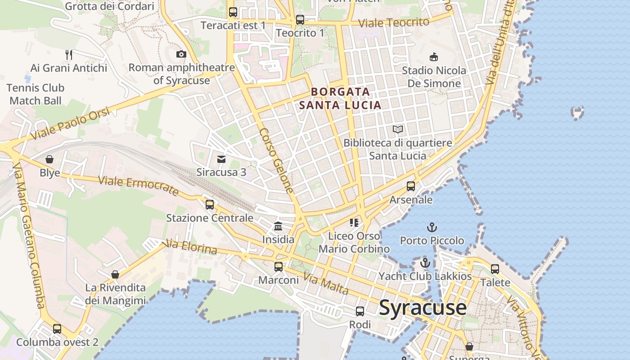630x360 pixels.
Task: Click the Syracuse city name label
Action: point(423,308)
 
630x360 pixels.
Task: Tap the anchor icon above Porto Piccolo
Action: point(432,227)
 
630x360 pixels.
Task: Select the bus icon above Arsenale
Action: point(410,186)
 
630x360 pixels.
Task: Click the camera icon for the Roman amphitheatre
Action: point(181,54)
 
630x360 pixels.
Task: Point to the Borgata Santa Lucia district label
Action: point(340,99)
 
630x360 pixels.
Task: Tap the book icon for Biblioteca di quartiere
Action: point(398,130)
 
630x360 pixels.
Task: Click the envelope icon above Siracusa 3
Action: point(221,159)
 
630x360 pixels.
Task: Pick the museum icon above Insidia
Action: point(278,226)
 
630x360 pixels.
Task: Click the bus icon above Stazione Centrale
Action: point(210,205)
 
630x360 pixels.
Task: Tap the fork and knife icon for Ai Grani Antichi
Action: point(69,55)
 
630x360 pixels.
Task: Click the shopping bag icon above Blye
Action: point(49,160)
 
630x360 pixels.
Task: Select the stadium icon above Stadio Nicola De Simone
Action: point(434,57)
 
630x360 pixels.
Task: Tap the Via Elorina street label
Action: point(191,247)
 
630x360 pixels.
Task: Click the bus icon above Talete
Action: point(495,269)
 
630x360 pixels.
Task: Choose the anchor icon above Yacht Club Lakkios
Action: point(425,263)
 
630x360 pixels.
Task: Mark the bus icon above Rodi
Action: point(360,311)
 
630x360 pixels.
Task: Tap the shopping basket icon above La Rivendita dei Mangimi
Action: point(115,274)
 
